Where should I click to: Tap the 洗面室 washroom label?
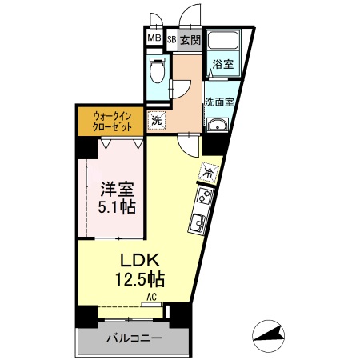tap(219, 102)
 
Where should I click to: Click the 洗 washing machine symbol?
tap(157, 119)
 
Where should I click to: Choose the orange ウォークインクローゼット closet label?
tap(110, 120)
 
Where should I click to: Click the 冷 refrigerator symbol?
tap(209, 170)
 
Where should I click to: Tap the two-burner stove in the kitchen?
tap(202, 197)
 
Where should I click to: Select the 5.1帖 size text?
tap(116, 208)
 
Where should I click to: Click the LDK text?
tap(142, 261)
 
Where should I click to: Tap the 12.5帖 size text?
tap(142, 280)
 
